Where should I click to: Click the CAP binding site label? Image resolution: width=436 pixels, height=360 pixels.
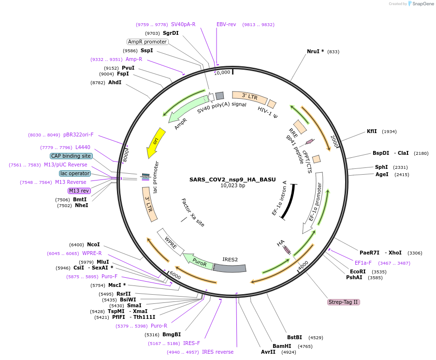(x=71, y=156)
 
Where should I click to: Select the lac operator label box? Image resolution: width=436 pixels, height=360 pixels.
(x=75, y=173)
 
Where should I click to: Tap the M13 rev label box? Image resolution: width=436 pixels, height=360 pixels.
(x=79, y=191)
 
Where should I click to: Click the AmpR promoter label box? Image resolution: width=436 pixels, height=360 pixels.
(x=147, y=42)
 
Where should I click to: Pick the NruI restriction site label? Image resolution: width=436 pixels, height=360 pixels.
(x=316, y=51)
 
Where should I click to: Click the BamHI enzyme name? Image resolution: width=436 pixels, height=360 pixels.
(x=282, y=346)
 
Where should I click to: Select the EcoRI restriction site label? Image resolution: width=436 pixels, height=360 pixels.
(x=358, y=271)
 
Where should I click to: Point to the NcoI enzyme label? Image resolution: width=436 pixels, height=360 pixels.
(x=93, y=244)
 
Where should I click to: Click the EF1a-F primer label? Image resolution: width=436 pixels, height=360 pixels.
(x=363, y=263)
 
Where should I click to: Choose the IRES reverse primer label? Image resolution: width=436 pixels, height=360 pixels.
(x=218, y=352)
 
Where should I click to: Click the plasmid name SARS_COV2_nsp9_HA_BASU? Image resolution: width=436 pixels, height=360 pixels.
(x=233, y=179)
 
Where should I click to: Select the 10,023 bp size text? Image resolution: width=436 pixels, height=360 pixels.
(x=233, y=185)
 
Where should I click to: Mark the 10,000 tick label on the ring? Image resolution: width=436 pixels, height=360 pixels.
(x=222, y=73)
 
